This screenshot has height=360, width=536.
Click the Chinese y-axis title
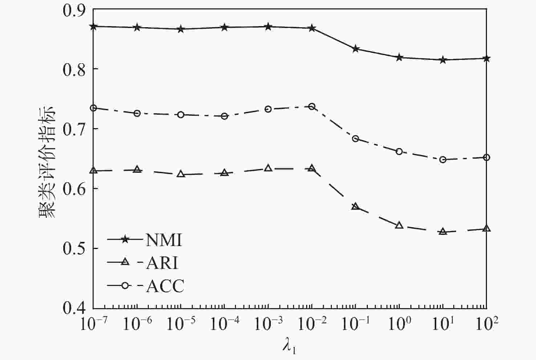tap(46, 161)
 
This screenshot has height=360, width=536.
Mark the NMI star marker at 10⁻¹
tap(356, 49)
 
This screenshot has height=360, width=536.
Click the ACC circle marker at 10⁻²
tap(312, 107)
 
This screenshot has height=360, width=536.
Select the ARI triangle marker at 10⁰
tap(399, 225)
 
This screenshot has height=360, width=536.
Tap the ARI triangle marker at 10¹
tap(443, 231)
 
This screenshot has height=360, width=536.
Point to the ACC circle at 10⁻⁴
tap(224, 116)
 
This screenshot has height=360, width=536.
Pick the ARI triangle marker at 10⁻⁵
tap(181, 174)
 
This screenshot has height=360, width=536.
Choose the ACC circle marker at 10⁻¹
tap(356, 139)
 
